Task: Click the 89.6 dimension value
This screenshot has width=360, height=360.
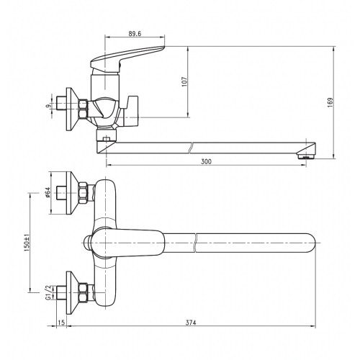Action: tap(135, 34)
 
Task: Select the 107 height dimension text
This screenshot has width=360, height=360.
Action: tap(184, 81)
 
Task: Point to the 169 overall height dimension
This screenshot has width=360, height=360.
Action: tap(330, 102)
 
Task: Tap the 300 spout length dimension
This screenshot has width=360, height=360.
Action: tap(206, 162)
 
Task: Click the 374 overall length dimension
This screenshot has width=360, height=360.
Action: tap(191, 323)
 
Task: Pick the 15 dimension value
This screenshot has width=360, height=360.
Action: tap(61, 323)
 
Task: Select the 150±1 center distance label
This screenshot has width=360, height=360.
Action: tap(27, 243)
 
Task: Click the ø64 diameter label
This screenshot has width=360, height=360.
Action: tap(48, 192)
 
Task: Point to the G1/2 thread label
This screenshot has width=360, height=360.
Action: tap(48, 292)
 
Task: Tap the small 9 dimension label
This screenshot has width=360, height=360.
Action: tap(49, 106)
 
